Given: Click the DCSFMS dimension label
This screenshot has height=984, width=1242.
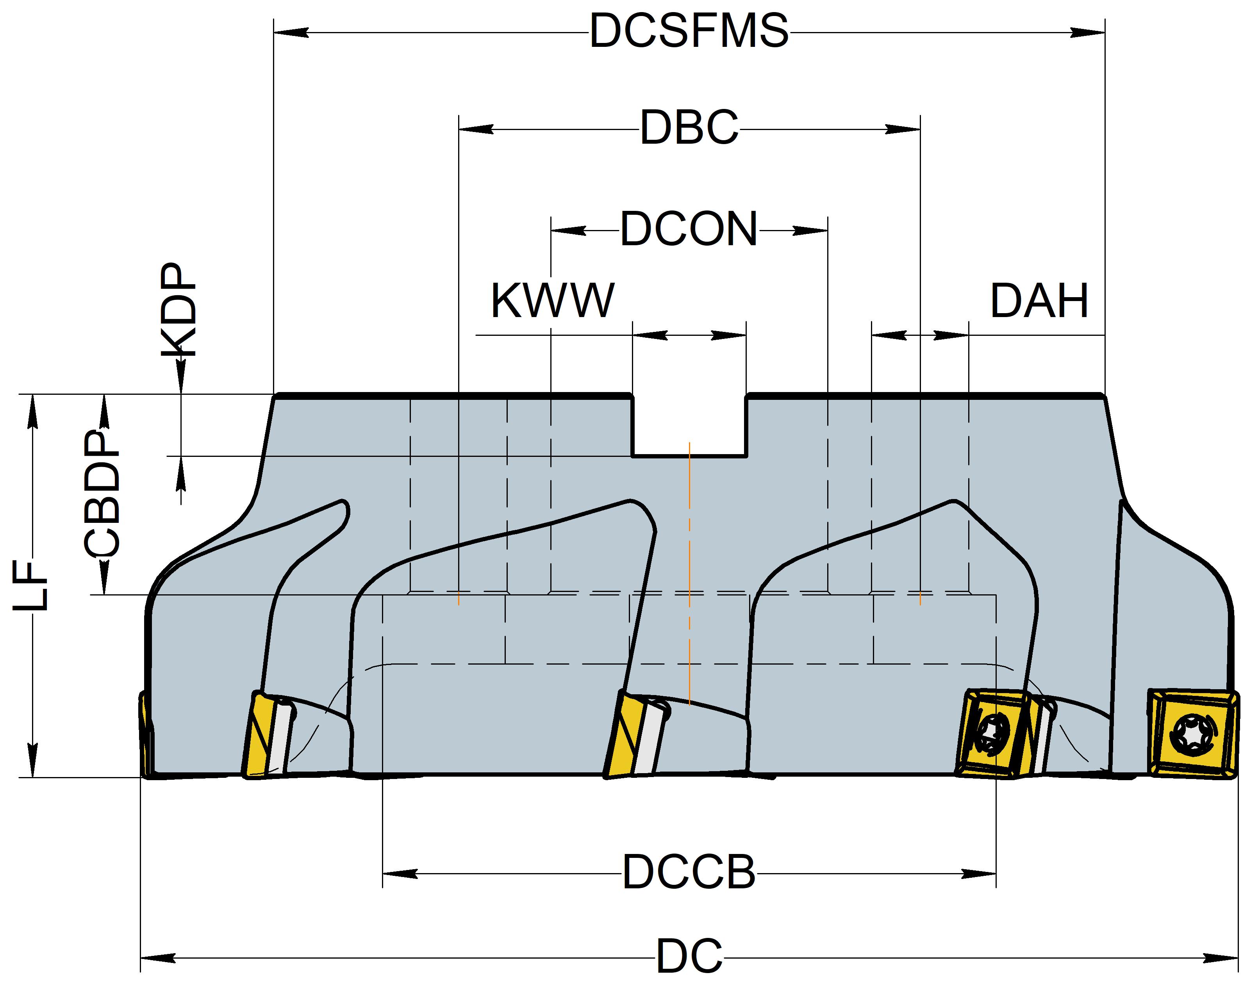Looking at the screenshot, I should tap(689, 32).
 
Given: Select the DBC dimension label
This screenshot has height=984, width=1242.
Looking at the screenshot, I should tap(689, 128).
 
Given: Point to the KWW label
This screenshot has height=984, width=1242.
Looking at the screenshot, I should tap(552, 301).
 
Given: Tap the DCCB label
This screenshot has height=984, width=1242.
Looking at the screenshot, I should tap(689, 873).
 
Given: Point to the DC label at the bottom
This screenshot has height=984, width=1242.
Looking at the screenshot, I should tap(689, 956).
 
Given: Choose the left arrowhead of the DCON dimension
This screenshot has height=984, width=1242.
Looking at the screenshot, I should tap(568, 231).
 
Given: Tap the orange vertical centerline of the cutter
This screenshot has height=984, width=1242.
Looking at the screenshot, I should tap(690, 576).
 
